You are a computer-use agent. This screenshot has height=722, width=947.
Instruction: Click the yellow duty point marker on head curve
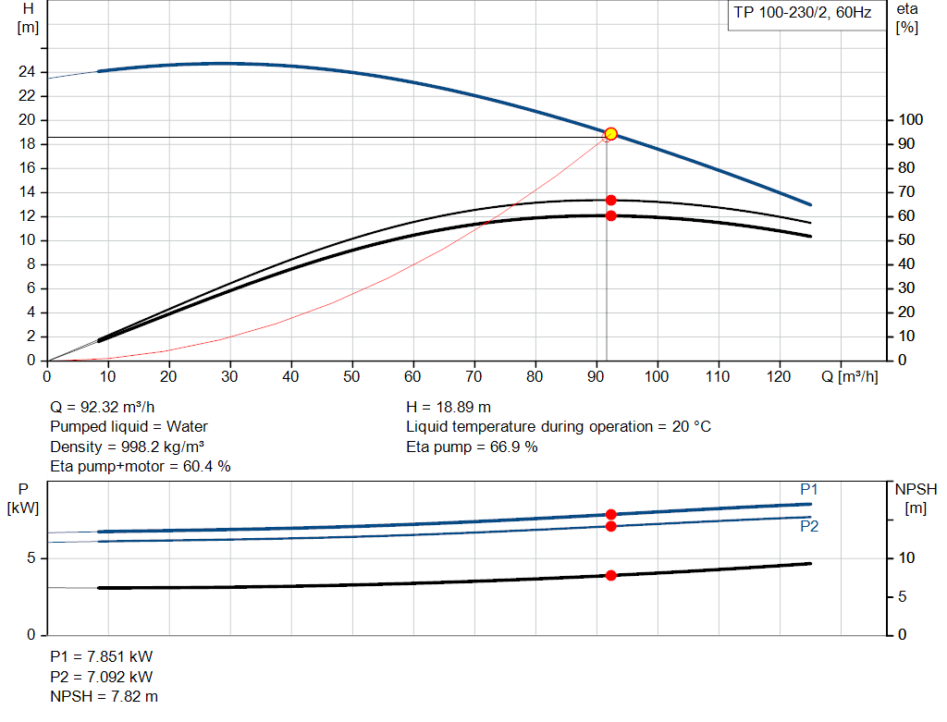[610, 134]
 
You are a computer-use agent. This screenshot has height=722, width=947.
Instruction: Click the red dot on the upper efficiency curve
[610, 200]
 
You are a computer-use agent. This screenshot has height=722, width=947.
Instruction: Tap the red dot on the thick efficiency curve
[610, 215]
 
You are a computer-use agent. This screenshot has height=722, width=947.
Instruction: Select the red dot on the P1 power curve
[610, 514]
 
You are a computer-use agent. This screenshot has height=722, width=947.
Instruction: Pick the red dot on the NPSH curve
[610, 575]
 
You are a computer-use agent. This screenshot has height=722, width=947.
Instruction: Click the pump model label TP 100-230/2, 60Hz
[802, 14]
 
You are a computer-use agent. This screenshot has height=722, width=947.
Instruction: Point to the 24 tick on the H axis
[28, 72]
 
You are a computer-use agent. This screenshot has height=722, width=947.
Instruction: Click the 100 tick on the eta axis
[911, 120]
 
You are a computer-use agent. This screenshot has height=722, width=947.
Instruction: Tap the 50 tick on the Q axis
[351, 377]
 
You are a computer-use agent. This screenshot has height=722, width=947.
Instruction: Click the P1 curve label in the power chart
[809, 489]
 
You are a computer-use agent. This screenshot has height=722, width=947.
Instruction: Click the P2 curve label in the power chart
[809, 526]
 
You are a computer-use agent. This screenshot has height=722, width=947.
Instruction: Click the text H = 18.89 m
[449, 407]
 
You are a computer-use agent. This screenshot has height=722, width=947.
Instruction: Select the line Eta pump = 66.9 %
[472, 447]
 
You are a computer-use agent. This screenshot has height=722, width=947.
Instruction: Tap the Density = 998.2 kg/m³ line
[127, 447]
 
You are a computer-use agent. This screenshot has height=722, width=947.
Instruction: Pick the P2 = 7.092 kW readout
[102, 677]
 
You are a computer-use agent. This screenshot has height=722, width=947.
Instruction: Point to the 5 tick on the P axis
[31, 558]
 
